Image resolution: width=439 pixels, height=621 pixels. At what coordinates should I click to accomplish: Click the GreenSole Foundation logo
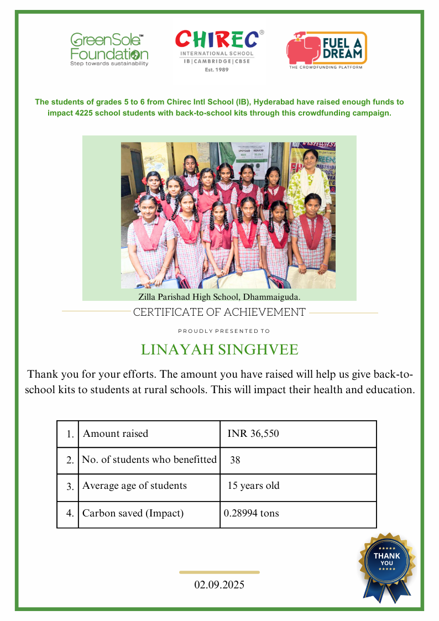(109, 49)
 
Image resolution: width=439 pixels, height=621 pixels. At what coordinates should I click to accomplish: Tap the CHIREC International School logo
(216, 50)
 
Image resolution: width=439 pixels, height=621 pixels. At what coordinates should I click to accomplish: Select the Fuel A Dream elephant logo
(326, 50)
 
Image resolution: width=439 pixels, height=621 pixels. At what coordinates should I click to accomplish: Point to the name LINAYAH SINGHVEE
(219, 350)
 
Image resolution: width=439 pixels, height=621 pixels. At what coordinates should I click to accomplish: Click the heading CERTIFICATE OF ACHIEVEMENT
(219, 312)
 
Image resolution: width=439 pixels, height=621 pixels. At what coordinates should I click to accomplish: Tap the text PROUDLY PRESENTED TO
(224, 331)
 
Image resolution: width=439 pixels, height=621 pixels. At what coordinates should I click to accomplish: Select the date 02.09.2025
(219, 585)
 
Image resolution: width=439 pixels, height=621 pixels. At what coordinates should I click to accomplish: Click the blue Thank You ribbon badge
(387, 565)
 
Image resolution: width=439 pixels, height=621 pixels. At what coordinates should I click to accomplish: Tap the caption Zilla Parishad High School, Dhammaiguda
(219, 297)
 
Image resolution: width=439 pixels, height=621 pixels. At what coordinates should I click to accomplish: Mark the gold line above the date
(219, 572)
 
